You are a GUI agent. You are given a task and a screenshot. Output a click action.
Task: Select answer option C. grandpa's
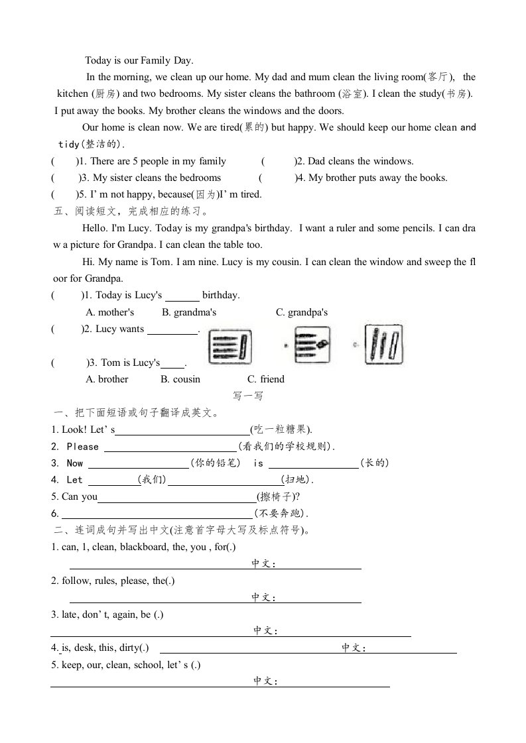coord(302,312)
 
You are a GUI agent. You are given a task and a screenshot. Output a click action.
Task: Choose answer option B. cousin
coord(180,379)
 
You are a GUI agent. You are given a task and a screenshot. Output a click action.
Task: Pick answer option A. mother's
coord(110,312)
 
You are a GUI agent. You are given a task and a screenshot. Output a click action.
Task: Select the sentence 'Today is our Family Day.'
coord(139,60)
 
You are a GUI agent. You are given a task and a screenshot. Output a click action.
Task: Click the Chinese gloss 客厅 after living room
coord(438,78)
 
